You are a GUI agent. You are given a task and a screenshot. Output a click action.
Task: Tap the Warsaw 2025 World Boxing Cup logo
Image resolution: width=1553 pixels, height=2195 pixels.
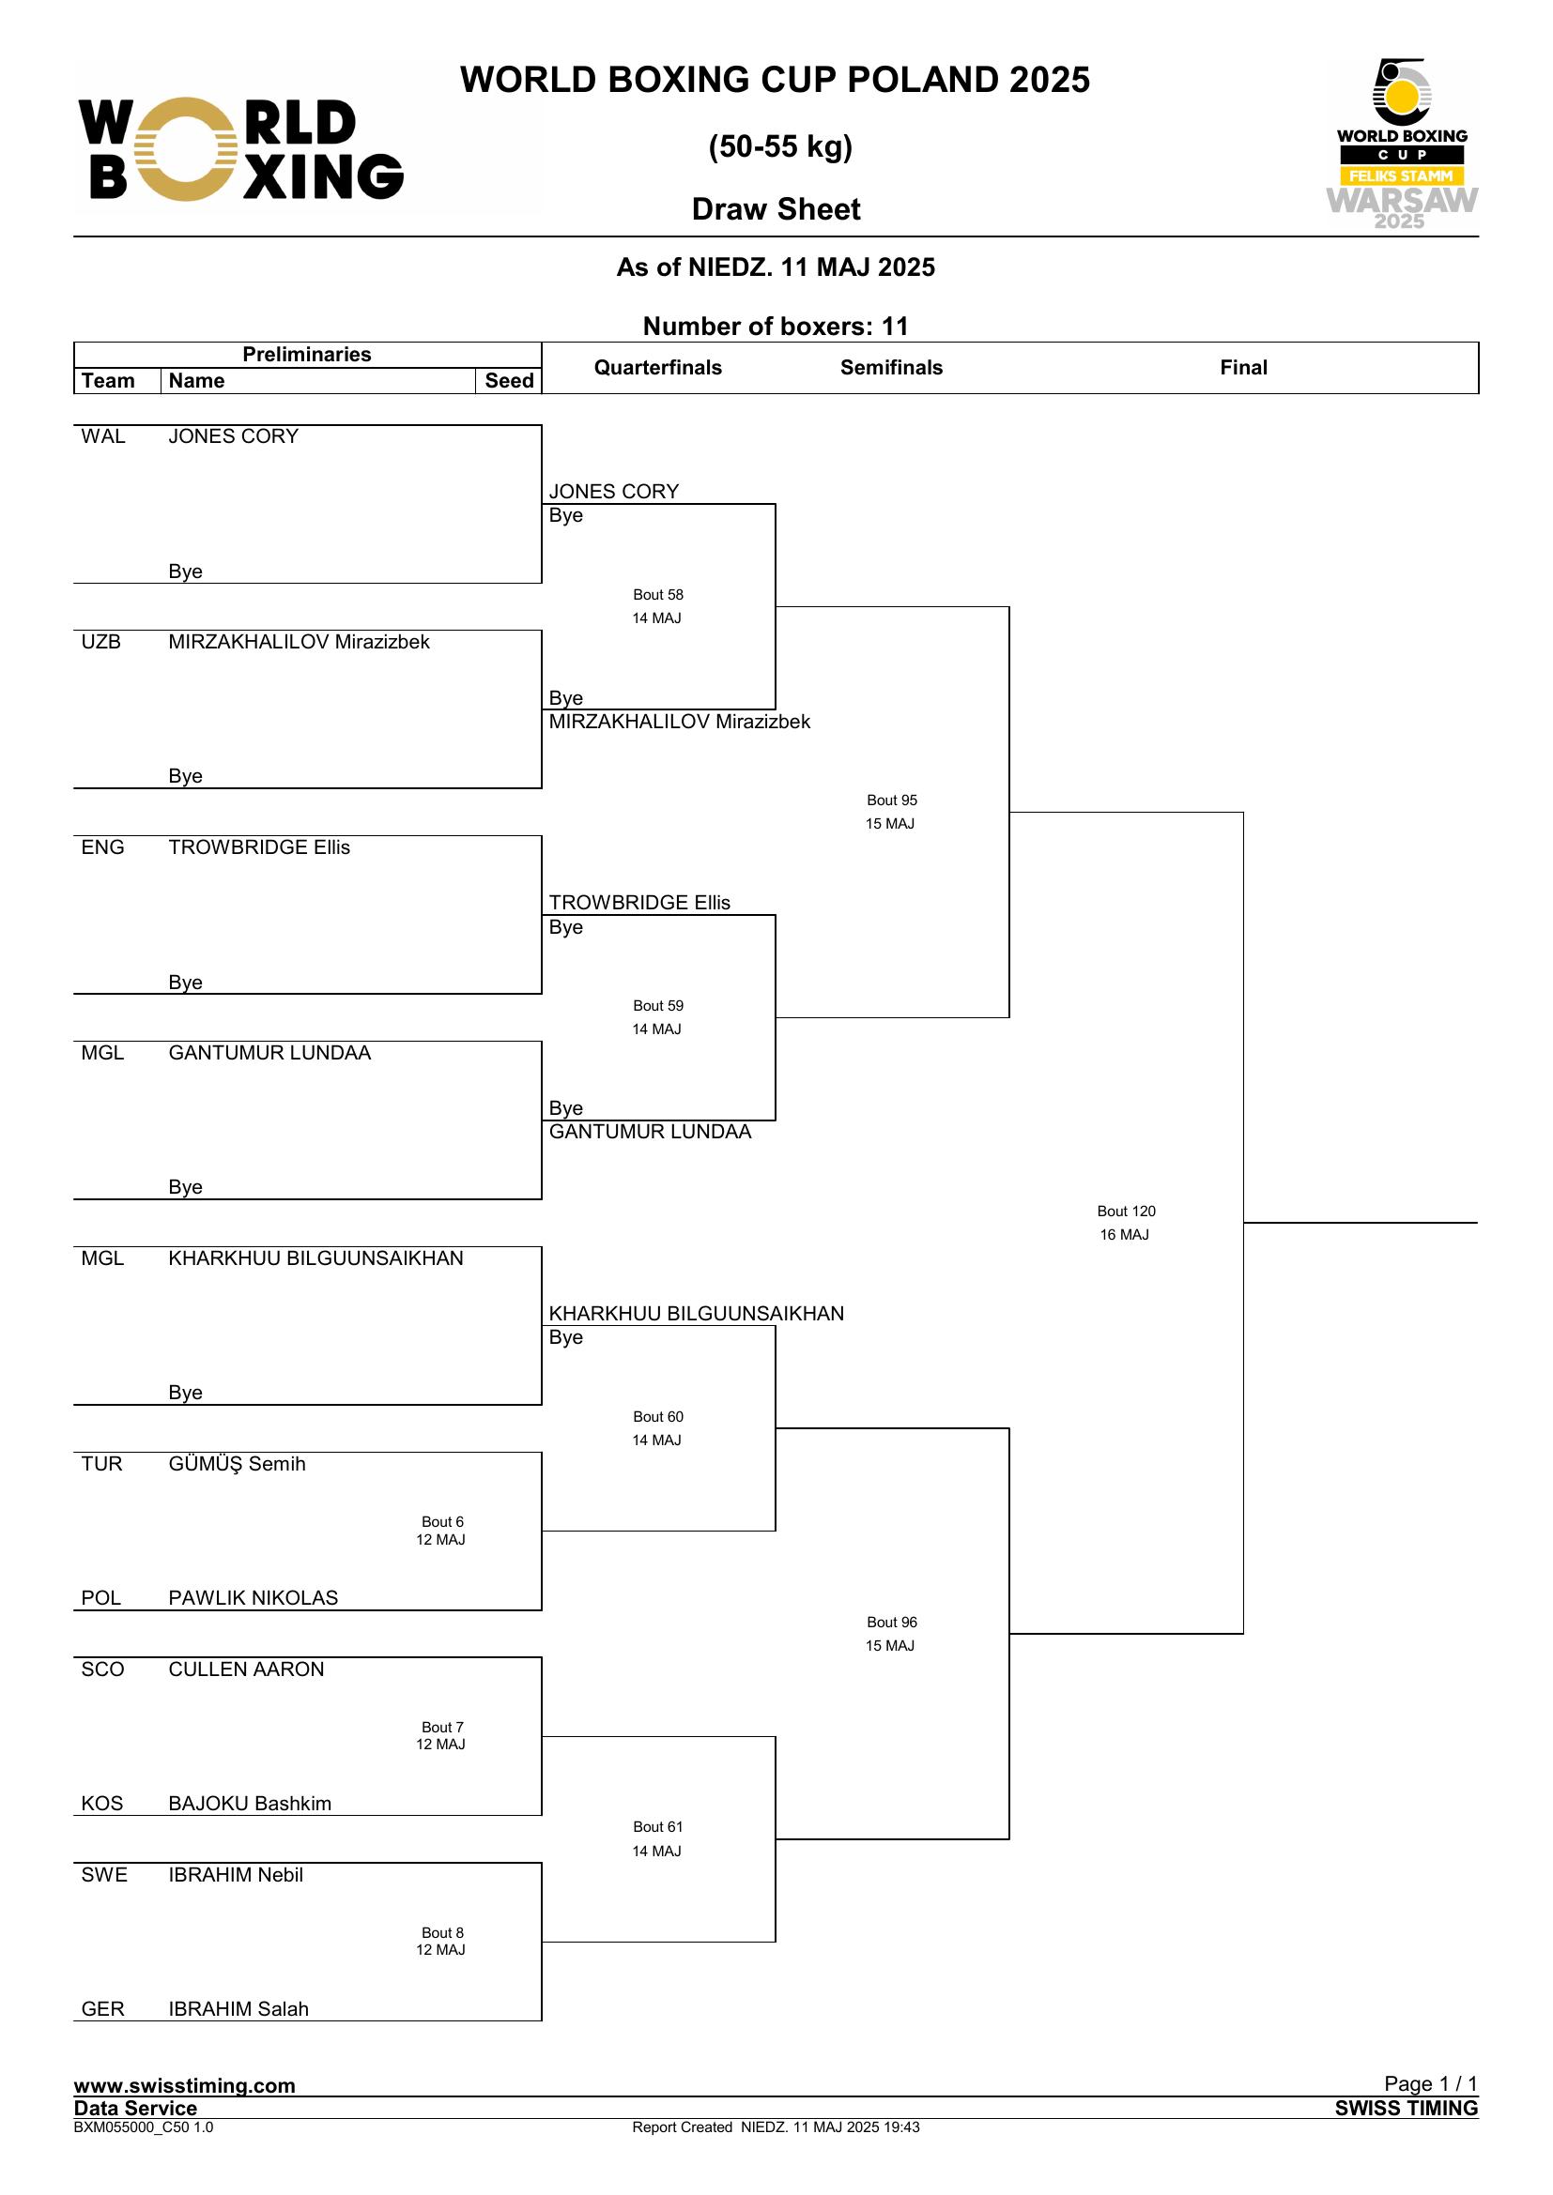click(x=1401, y=145)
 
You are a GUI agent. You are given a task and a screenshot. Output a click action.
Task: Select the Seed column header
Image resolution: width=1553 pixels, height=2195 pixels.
click(x=509, y=380)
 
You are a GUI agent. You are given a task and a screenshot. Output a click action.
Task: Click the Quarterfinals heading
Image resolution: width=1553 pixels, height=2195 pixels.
click(x=658, y=367)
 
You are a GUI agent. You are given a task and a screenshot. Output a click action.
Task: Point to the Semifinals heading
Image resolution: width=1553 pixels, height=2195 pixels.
click(x=891, y=367)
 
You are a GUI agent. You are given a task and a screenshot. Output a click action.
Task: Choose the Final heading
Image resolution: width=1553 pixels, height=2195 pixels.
click(x=1243, y=367)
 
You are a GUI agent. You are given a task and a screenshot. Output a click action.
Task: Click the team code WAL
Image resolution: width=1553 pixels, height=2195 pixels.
click(x=103, y=437)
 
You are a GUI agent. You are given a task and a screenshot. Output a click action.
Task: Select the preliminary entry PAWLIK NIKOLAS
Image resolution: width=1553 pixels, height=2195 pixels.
click(x=254, y=1597)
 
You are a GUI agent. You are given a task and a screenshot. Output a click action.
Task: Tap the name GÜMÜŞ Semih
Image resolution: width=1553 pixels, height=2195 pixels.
click(x=238, y=1464)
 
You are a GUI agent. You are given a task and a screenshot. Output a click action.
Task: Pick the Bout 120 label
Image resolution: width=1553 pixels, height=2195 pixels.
click(x=1127, y=1212)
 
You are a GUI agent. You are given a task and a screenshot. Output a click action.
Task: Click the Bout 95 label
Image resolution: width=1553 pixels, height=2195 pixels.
click(x=891, y=800)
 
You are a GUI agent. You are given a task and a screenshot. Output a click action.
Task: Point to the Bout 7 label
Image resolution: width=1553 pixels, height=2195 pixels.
click(x=442, y=1728)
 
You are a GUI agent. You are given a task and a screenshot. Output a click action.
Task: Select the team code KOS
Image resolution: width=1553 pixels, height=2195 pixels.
click(x=102, y=1803)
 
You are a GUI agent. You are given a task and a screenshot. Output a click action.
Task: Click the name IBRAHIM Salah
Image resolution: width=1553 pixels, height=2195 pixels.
click(x=238, y=2008)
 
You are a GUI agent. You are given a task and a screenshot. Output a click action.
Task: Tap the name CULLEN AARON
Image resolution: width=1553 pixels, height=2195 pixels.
click(x=246, y=1669)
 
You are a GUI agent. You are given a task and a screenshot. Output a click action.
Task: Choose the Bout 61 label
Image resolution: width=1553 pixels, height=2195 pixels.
click(x=658, y=1827)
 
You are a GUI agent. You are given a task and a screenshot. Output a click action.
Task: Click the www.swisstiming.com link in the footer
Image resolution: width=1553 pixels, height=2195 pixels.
click(x=185, y=2085)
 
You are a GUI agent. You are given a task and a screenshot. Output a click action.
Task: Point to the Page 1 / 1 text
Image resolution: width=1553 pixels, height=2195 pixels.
click(x=1431, y=2083)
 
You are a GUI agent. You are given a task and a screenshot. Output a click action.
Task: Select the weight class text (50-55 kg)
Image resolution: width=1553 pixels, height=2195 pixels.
click(x=780, y=146)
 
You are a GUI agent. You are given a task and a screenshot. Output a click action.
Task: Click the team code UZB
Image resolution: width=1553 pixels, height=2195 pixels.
click(x=101, y=642)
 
